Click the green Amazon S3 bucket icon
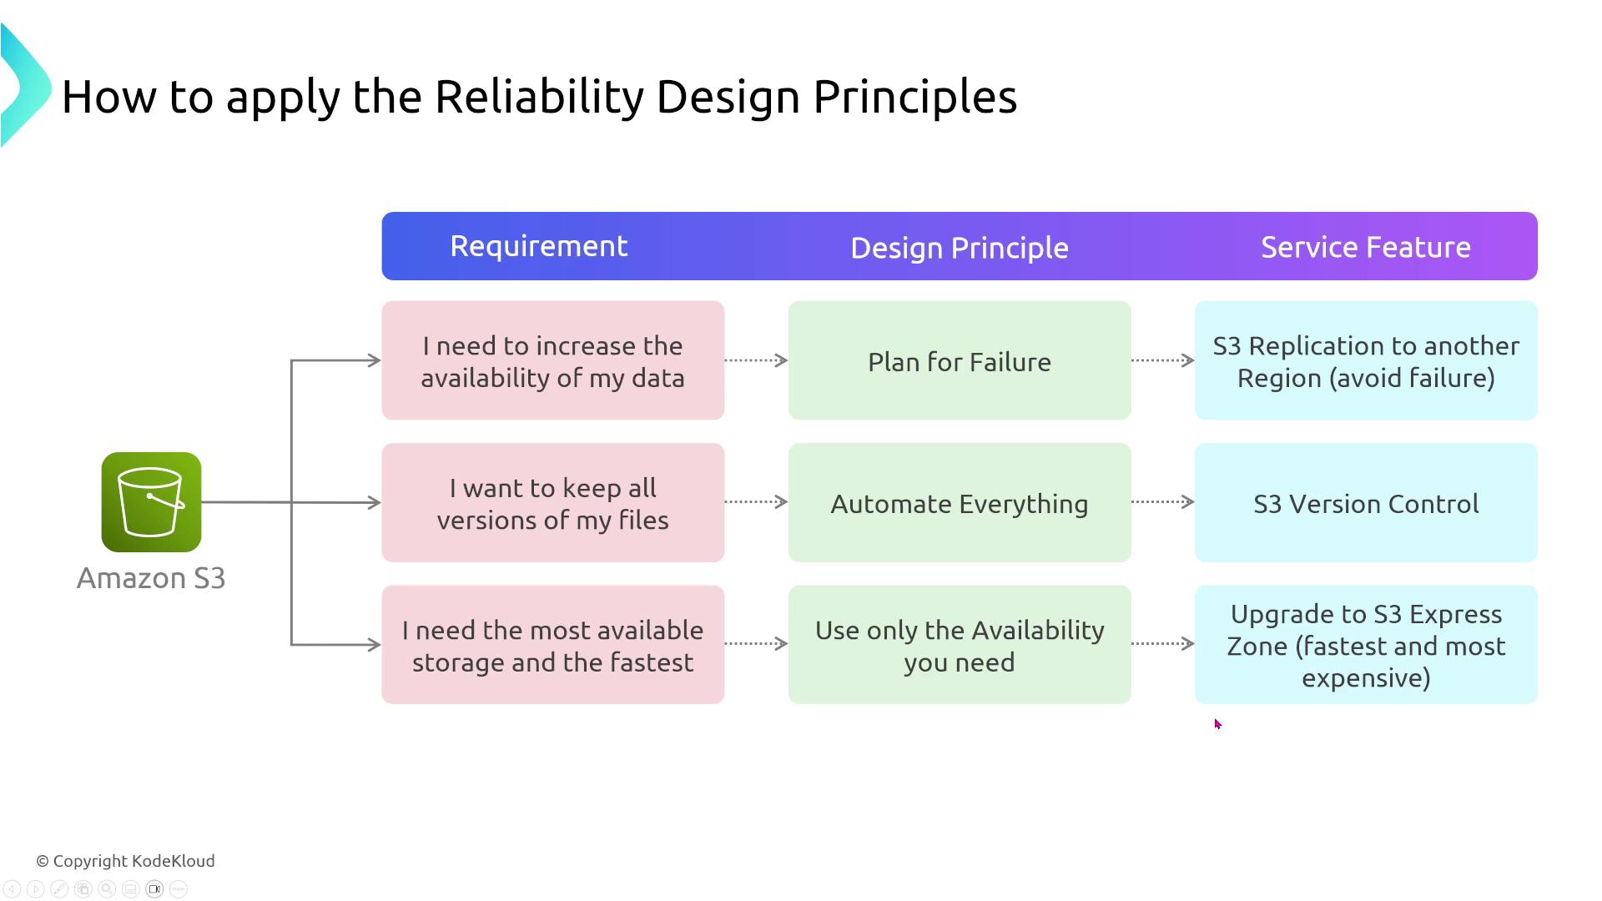pos(151,502)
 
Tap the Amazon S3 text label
pos(151,578)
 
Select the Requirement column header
pos(538,246)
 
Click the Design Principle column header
pos(959,248)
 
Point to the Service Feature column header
pos(1365,247)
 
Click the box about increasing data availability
pos(552,360)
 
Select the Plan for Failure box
pos(959,360)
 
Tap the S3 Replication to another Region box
pos(1365,360)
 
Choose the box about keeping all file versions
pos(552,502)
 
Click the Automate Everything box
pos(959,502)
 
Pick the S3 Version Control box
pos(1365,502)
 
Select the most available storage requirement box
pos(552,644)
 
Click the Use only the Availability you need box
pos(959,644)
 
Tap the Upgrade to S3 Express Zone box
pos(1365,644)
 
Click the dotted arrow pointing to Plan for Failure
pos(756,360)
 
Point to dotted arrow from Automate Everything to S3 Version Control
pos(1162,501)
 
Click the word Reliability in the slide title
pos(539,96)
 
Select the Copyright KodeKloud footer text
pos(125,861)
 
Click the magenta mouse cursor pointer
pos(1217,724)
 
